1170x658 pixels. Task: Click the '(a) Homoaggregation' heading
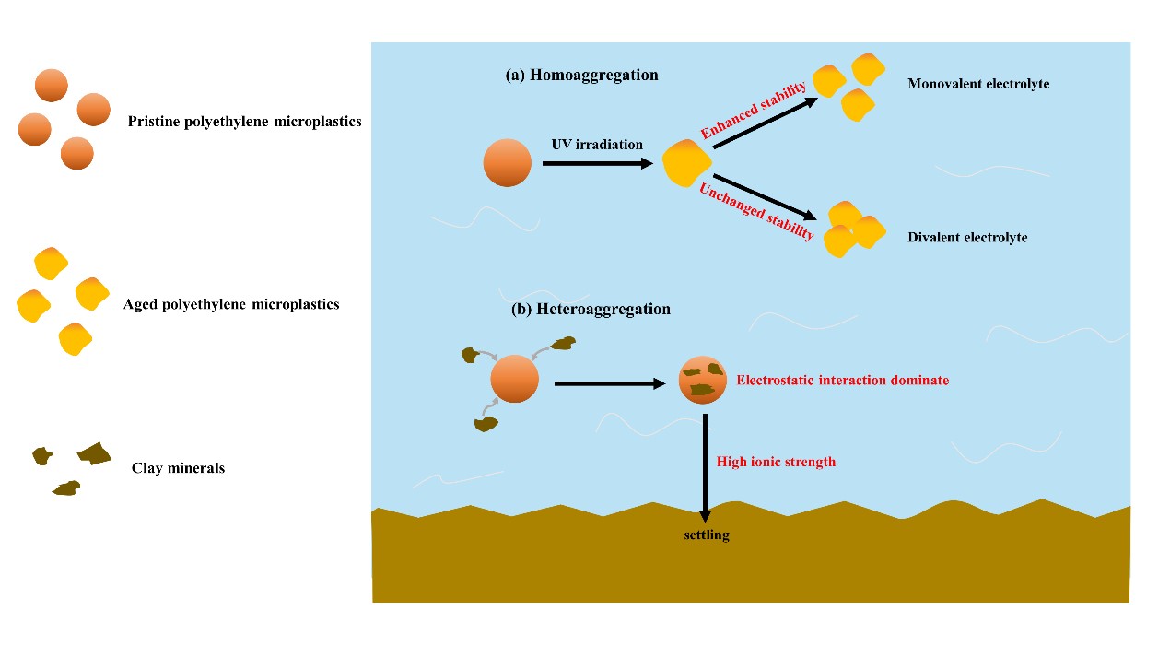point(581,76)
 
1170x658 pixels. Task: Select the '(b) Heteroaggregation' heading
point(591,310)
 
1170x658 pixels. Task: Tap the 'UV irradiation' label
point(597,145)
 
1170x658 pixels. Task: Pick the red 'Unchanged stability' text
point(756,211)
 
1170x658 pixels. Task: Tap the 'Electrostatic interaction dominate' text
point(842,380)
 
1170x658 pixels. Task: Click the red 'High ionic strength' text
point(776,462)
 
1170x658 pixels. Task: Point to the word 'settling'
point(706,535)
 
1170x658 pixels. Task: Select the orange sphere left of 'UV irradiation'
point(507,163)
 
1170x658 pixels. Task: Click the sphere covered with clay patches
point(703,380)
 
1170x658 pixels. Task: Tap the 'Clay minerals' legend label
point(178,468)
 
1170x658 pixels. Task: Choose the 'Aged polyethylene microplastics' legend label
point(231,304)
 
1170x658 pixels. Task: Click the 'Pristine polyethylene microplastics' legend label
point(244,122)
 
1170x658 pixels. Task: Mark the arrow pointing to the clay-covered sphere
point(609,382)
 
